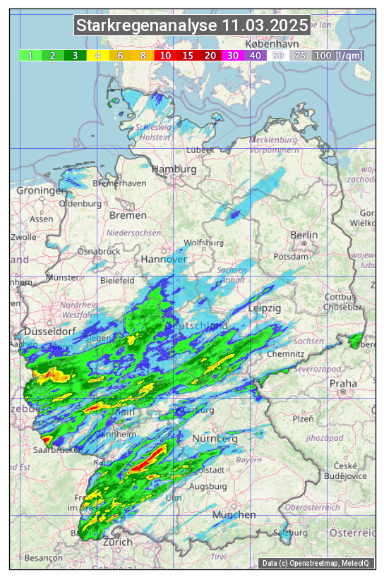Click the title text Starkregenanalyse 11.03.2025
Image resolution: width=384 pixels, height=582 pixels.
pyautogui.click(x=192, y=26)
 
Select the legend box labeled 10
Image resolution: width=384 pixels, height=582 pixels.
pyautogui.click(x=165, y=55)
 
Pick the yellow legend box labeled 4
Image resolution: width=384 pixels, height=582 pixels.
pyautogui.click(x=98, y=55)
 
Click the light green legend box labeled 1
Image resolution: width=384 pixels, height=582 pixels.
pyautogui.click(x=30, y=55)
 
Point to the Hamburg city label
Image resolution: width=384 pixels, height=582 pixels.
pyautogui.click(x=174, y=170)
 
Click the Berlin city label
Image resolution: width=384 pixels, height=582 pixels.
pyautogui.click(x=304, y=235)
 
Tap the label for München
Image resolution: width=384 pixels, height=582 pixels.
pyautogui.click(x=234, y=515)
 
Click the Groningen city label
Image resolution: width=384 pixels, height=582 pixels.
pyautogui.click(x=41, y=191)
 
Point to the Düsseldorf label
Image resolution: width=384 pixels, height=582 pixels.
pyautogui.click(x=49, y=331)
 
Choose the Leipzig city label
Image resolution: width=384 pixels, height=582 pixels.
pyautogui.click(x=265, y=309)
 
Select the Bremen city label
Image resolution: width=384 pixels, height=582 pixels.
pyautogui.click(x=128, y=215)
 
